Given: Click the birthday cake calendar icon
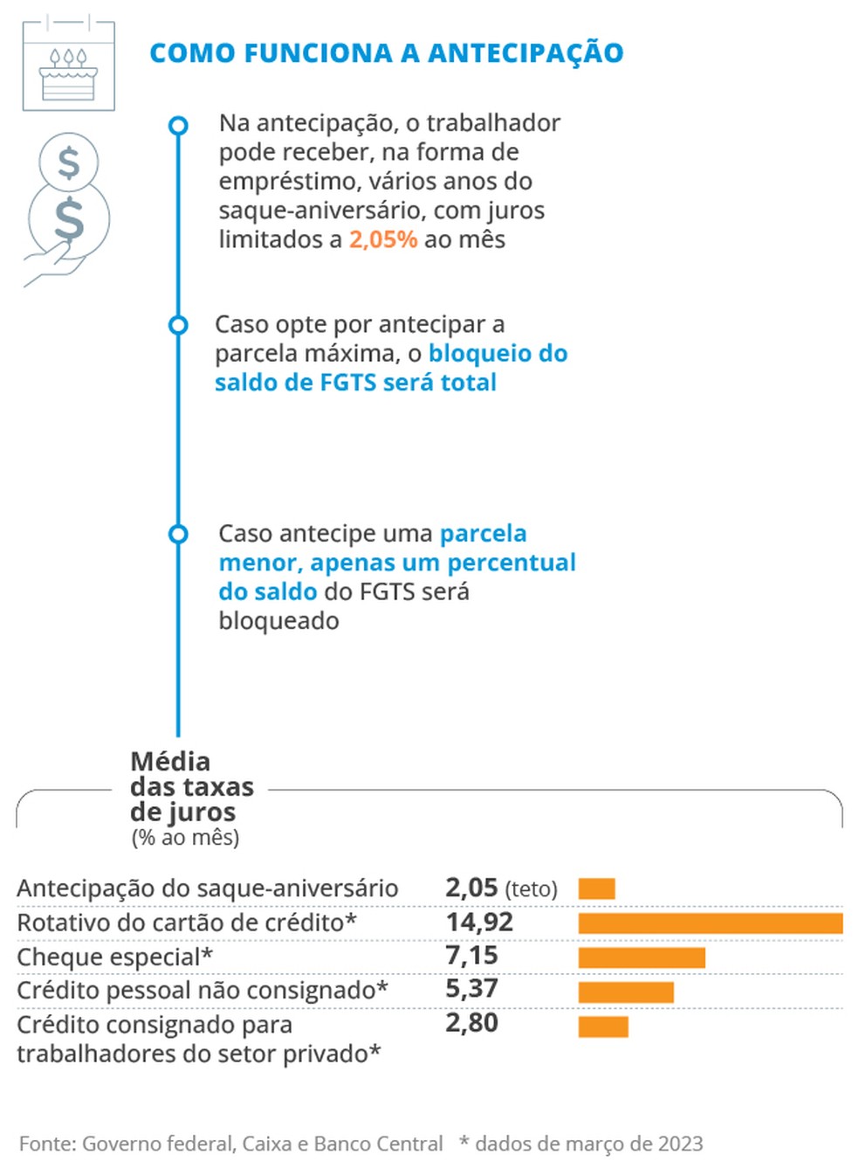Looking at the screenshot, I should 68,64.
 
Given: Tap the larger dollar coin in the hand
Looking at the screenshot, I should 69,218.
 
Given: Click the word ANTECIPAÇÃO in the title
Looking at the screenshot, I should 526,53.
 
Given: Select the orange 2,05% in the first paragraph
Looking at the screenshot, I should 383,239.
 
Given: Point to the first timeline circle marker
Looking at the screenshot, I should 178,126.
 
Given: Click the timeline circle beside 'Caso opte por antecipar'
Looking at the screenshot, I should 178,325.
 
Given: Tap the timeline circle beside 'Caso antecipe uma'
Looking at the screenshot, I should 178,534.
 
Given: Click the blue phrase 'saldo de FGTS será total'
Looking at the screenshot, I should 355,383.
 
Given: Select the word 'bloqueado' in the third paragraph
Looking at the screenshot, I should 278,621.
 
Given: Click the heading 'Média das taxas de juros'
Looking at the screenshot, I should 191,787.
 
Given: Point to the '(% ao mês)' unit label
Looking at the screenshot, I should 185,838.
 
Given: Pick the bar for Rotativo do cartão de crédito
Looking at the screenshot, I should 710,923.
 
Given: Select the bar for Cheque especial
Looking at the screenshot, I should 642,957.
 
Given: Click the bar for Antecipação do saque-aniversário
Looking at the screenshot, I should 596,889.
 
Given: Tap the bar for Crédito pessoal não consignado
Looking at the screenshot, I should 626,992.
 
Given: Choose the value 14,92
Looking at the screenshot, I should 479,923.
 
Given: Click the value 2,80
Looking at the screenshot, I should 471,1023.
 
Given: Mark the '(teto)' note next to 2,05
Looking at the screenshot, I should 531,889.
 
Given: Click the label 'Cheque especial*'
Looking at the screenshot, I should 114,957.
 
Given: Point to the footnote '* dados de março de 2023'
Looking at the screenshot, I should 581,1144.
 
